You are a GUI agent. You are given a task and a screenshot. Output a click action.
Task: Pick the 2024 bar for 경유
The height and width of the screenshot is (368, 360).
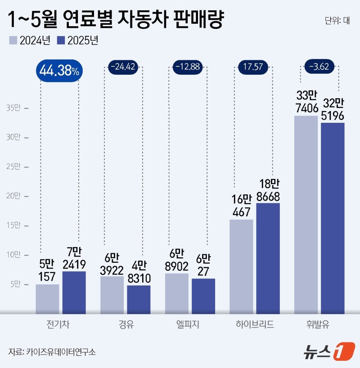[x=112, y=295]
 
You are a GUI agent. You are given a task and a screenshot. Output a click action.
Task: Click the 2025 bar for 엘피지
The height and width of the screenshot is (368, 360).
[x=203, y=296]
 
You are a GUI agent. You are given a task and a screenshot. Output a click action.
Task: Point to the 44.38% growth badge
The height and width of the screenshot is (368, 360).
[x=59, y=71]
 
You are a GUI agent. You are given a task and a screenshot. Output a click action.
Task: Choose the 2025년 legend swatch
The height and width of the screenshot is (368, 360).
[x=61, y=40]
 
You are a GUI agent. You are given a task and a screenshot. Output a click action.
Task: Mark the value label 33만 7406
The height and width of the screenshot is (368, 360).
[x=306, y=102]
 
